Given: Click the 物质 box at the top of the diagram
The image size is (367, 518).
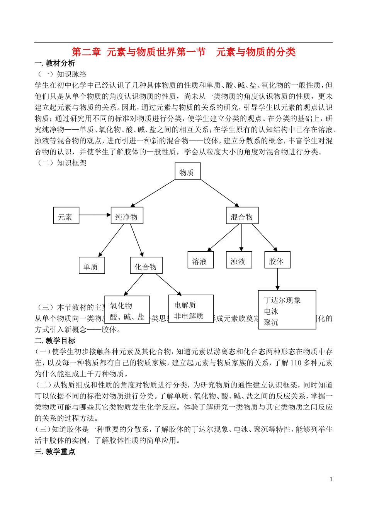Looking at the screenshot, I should pos(188,171).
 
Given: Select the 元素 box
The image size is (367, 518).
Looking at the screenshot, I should pos(66,216).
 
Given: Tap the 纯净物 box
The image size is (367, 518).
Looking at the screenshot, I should pos(127,216).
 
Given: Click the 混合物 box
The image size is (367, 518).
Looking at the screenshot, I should pos(242,216).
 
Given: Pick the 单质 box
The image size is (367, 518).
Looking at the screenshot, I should pos(92,266).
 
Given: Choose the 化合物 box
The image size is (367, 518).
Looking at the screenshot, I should pos(146,266).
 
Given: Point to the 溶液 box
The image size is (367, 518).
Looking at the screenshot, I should pos(200,260).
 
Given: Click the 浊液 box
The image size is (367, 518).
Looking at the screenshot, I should pos(238,260).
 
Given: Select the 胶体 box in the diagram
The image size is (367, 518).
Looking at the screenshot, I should pos(277,260).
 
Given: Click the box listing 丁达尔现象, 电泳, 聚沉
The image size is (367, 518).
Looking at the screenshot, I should pos(287,310).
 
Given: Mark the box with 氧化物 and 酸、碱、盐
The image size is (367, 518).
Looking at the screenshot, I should pos(127,310).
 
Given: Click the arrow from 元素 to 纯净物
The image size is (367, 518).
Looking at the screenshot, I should pos(95,215).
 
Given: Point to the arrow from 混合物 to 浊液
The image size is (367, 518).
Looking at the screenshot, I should pos(241,238).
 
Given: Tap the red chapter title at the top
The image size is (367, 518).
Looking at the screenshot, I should pos(183,52).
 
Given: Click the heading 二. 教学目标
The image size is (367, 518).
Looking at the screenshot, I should pos(55,340).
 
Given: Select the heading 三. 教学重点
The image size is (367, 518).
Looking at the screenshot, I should pos(55,451).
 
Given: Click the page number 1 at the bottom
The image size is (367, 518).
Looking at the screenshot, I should pos(331,479).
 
